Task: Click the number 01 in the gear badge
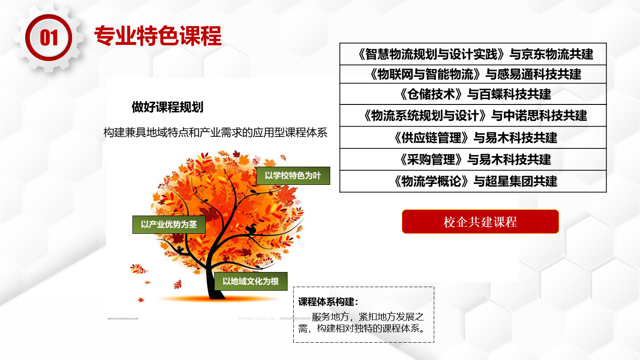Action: tap(49, 38)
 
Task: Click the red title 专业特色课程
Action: tap(158, 36)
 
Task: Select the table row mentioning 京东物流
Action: tap(473, 54)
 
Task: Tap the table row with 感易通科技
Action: tap(473, 74)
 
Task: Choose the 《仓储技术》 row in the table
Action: tap(473, 94)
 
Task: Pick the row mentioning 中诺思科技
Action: tap(473, 116)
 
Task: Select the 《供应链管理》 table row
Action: tap(473, 137)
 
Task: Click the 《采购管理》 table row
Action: tap(473, 160)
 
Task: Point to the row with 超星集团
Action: tap(473, 181)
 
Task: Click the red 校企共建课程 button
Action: tap(480, 222)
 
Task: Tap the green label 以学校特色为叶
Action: tap(293, 176)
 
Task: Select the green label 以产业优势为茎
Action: tap(169, 224)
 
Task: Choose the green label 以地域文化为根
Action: tap(251, 281)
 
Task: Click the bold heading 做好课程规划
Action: tap(168, 107)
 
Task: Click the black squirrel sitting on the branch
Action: tap(252, 228)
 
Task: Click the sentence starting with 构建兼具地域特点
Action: tap(216, 132)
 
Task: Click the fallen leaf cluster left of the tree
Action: tap(139, 268)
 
